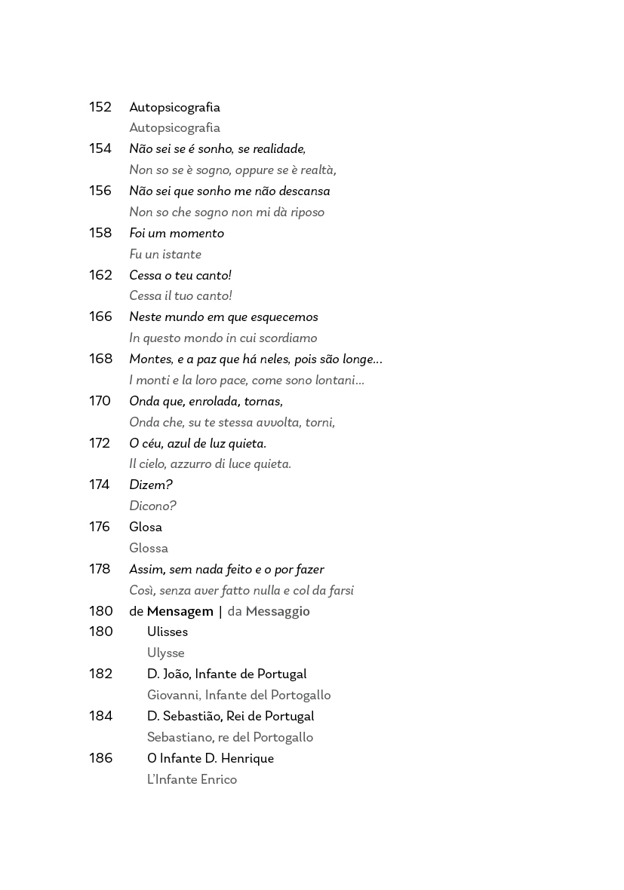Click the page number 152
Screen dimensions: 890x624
pos(100,107)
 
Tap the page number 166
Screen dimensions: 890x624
pos(100,317)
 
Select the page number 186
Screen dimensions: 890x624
pos(100,758)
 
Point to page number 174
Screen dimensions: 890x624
pos(100,485)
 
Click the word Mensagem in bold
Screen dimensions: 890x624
pos(180,611)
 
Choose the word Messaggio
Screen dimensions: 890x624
pos(278,611)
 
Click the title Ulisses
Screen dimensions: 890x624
pos(168,632)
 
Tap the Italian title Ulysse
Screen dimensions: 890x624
pos(166,653)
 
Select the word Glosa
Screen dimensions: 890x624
pos(146,527)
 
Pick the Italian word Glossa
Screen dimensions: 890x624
pos(149,548)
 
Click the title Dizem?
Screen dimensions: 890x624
pos(151,485)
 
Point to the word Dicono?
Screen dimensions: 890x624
pos(152,506)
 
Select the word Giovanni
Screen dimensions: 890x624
pos(174,695)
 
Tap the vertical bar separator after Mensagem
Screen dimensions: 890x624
pos(220,611)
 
